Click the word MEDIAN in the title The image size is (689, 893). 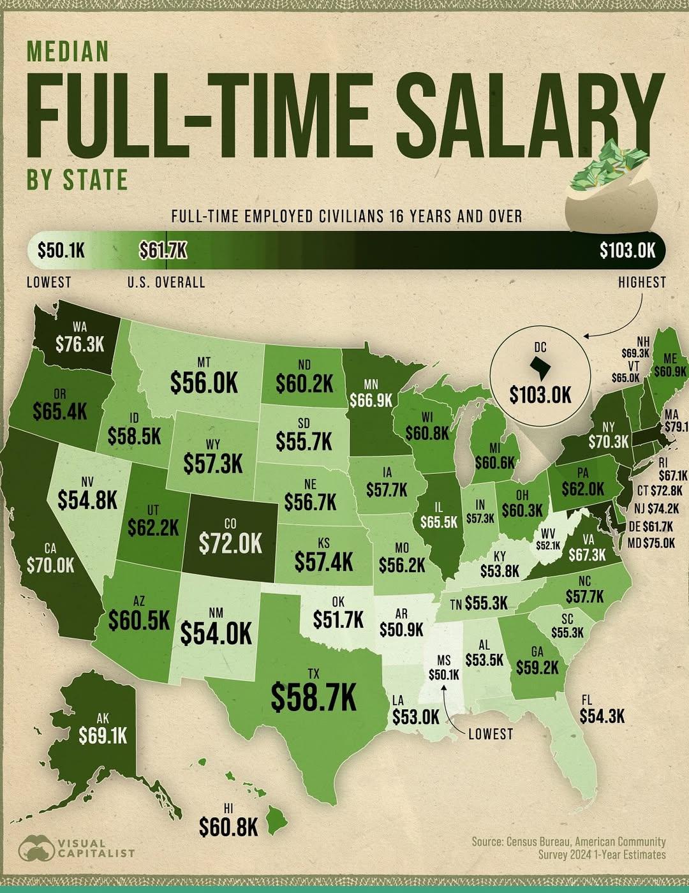(x=68, y=52)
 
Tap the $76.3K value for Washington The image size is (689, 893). (x=79, y=344)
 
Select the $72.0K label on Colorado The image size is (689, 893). (x=230, y=543)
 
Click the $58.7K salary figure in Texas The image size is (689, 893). (x=313, y=696)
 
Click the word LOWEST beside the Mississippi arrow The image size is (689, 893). (x=491, y=734)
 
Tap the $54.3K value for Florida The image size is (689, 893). (x=602, y=716)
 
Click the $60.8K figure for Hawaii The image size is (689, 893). (x=228, y=828)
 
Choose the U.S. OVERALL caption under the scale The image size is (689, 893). (x=166, y=283)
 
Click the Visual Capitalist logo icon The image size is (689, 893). (x=36, y=848)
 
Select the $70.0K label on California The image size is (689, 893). (x=50, y=565)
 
